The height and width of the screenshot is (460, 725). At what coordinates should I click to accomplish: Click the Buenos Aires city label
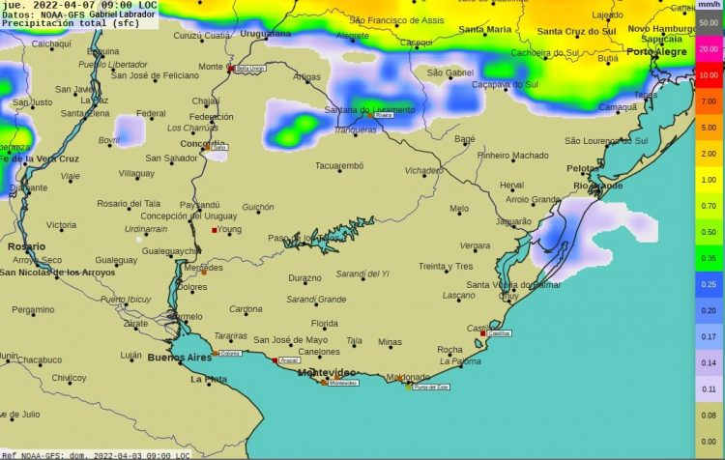point(179,358)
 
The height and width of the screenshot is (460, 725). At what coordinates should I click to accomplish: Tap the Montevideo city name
point(324,372)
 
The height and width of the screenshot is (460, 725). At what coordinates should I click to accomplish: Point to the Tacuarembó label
point(338,166)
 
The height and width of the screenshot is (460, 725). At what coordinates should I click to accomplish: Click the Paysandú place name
point(200,205)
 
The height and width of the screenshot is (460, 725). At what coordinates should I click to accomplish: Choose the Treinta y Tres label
point(446,267)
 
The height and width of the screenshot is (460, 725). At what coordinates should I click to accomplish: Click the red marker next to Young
point(215,230)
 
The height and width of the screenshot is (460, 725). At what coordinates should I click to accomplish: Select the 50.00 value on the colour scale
point(708,21)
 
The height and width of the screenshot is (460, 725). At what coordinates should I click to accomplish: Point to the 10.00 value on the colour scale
point(708,74)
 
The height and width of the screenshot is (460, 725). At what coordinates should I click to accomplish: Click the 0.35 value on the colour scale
point(708,259)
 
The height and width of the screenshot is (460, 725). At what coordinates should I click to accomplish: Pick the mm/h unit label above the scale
point(708,5)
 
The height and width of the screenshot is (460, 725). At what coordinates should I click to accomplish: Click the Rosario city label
point(26,246)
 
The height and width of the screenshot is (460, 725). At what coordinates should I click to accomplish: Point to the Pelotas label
point(582,168)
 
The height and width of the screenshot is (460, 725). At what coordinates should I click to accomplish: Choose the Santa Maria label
point(484,30)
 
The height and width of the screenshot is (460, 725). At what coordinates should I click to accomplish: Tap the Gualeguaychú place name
point(171,250)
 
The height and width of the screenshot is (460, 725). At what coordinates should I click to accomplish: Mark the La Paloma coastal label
point(460,361)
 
